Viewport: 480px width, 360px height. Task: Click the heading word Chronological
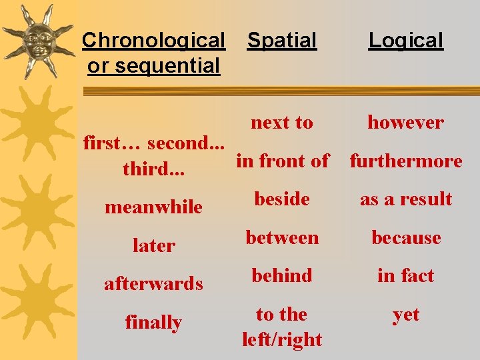coord(153,41)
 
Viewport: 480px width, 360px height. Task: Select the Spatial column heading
coord(282,41)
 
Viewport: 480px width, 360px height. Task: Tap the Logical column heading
coord(406,41)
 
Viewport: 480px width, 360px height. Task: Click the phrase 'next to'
coord(282,123)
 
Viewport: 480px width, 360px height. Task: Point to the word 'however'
coord(405,123)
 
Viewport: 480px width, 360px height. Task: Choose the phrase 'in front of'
coord(283,161)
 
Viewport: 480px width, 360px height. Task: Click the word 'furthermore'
coord(406,161)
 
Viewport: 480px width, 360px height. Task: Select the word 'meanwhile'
coord(153,207)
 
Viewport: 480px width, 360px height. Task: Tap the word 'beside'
coord(282,199)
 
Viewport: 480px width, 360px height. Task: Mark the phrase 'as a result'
coord(406,199)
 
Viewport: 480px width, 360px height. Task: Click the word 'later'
coord(153,246)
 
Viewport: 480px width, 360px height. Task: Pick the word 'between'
coord(282,238)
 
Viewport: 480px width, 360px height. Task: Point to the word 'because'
coord(406,238)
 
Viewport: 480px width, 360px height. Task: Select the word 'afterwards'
coord(153,284)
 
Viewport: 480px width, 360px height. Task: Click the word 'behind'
coord(282,276)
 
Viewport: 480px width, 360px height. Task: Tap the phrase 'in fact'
coord(406,276)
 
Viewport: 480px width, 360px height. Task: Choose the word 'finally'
coord(153,323)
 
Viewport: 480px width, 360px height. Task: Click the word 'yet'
coord(406,315)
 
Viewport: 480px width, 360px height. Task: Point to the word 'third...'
coord(153,169)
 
